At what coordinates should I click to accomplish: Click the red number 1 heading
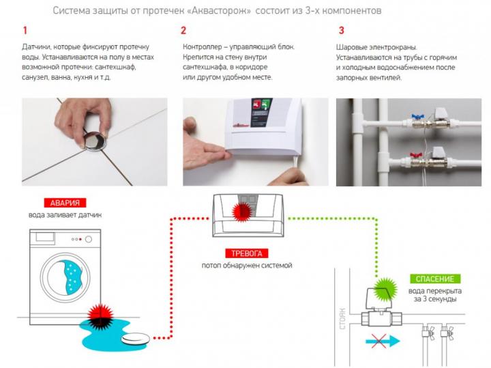25,31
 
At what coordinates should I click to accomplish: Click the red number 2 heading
183,31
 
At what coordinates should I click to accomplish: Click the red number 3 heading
342,31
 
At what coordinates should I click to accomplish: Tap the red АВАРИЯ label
65,203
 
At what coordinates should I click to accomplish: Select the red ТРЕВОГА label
247,253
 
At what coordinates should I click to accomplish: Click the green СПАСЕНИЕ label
435,279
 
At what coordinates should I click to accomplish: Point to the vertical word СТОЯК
342,319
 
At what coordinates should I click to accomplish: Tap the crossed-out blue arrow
383,341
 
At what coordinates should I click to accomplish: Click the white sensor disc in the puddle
136,339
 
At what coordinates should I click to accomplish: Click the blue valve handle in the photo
417,116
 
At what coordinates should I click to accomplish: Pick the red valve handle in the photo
416,154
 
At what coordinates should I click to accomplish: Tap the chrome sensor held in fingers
95,141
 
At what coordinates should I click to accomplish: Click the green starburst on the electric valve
386,289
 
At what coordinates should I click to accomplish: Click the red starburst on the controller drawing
242,211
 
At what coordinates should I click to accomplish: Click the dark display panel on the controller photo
261,113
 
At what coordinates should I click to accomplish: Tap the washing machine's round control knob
89,239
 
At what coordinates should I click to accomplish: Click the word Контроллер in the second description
201,47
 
